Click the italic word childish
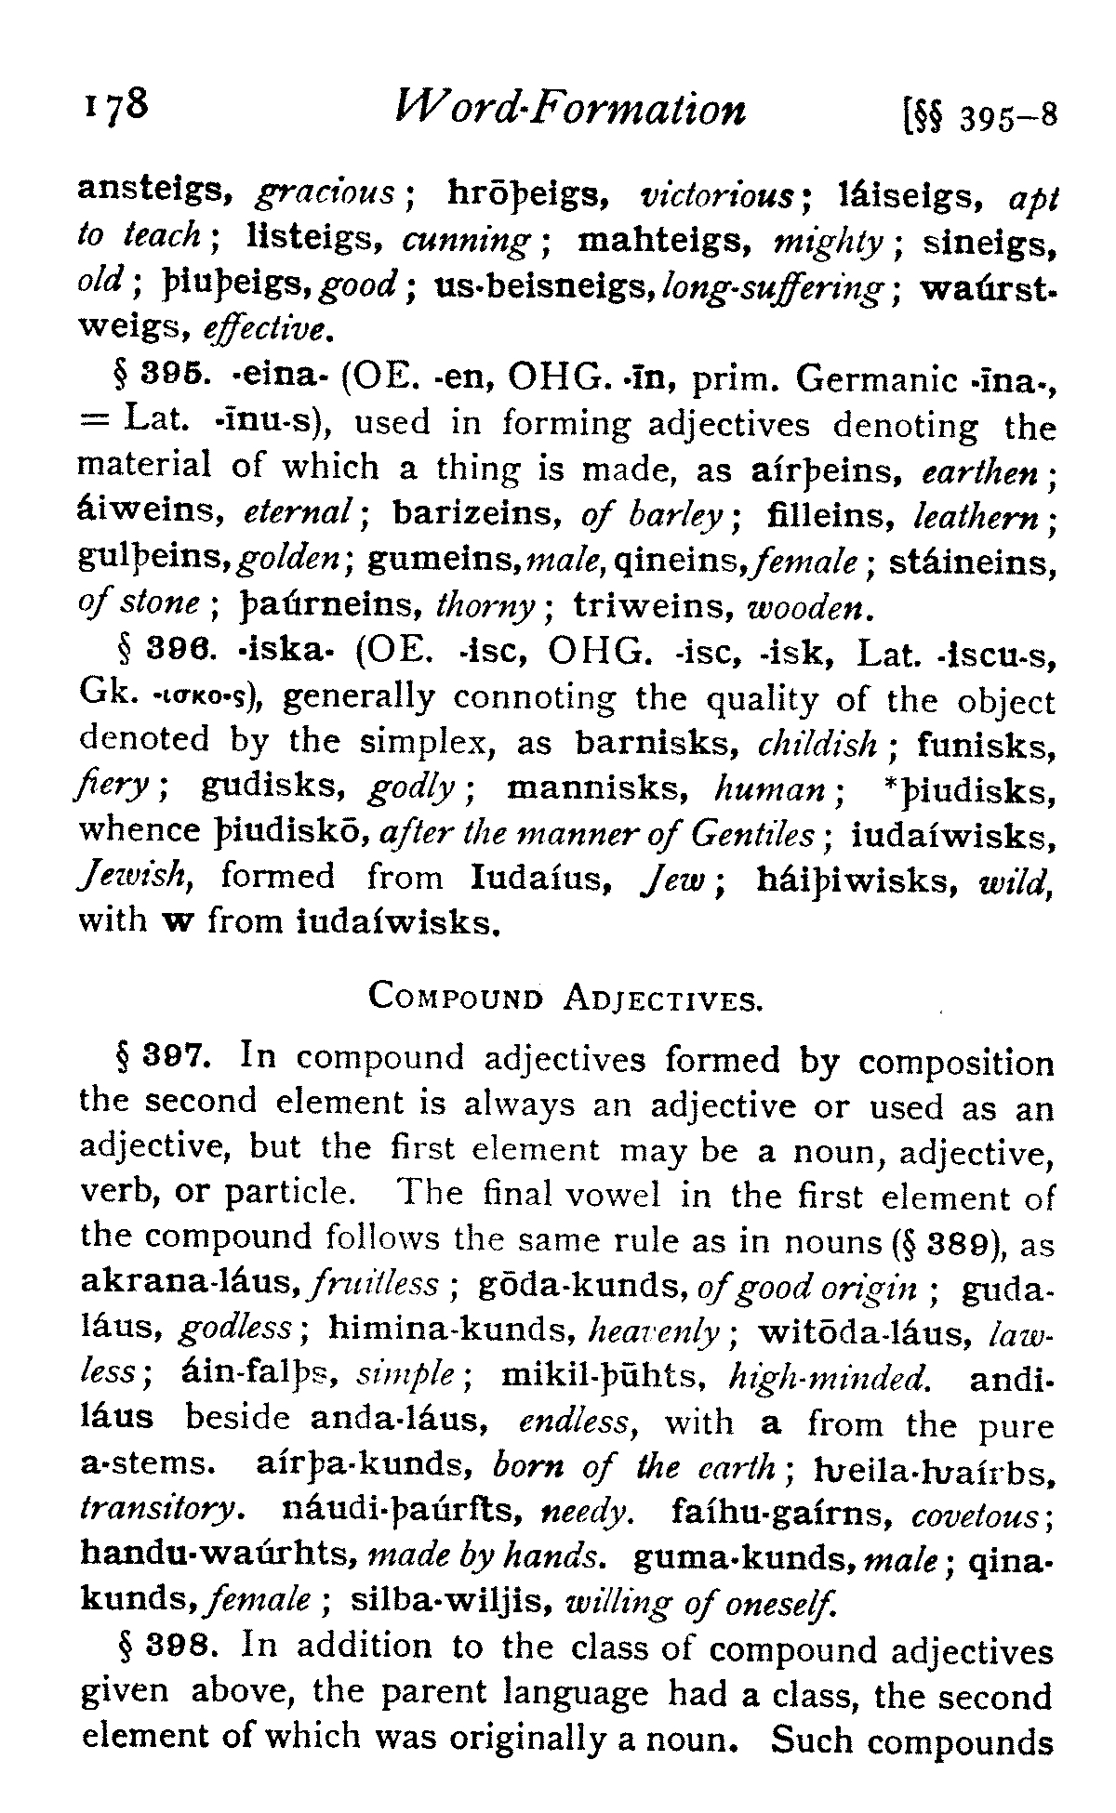point(817,743)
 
